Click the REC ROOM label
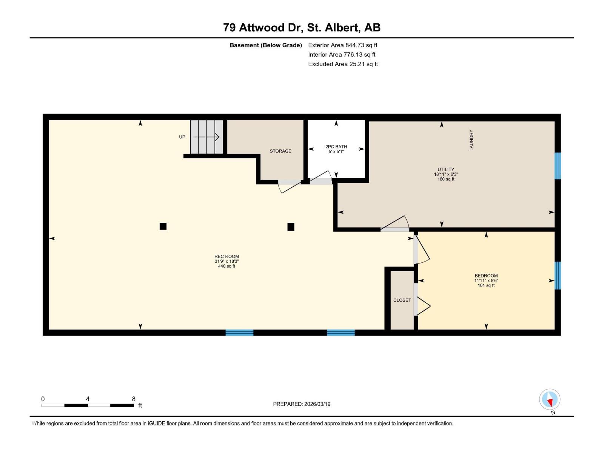tap(226, 256)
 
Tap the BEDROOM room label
tap(486, 276)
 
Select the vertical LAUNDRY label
tap(471, 140)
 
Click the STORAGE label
tap(280, 151)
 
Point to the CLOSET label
tap(402, 300)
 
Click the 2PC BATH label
tap(336, 147)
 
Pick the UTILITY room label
tap(446, 169)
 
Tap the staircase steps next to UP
tap(206, 137)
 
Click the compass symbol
tap(550, 399)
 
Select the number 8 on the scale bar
tap(134, 399)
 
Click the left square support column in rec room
tap(163, 226)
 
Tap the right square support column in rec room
tap(291, 226)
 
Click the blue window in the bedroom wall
tap(558, 275)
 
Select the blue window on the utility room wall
tap(558, 166)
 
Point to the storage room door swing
tap(289, 186)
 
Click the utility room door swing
tap(395, 223)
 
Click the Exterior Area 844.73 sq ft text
tap(343, 45)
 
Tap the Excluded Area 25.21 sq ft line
tap(343, 64)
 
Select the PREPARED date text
tap(302, 404)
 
